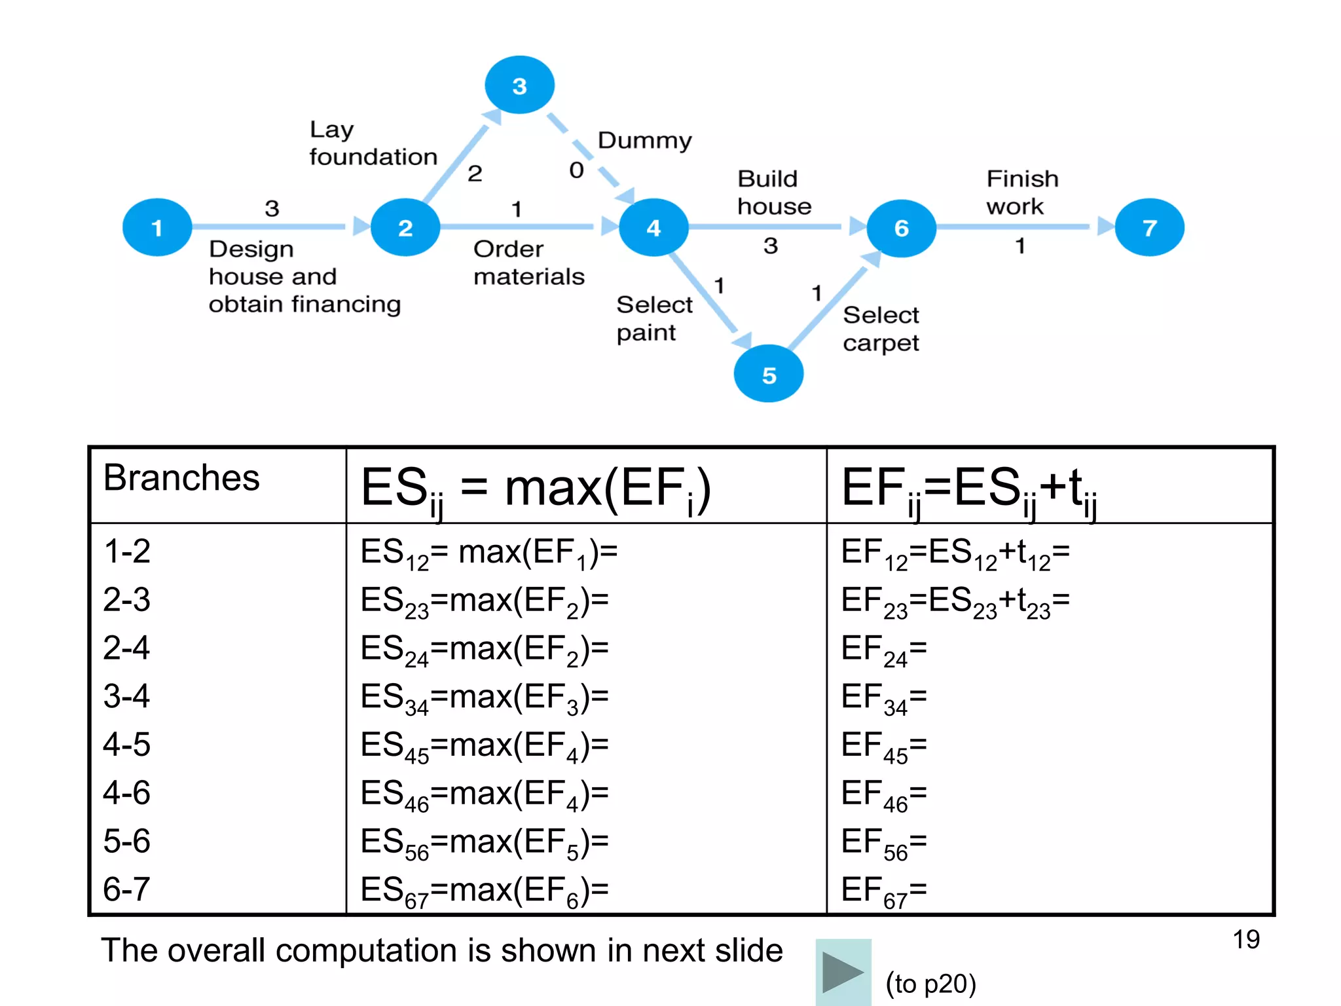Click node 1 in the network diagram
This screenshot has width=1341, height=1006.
(x=157, y=227)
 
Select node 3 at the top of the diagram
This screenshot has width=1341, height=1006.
(x=519, y=85)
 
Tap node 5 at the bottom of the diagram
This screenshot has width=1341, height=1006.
(x=769, y=374)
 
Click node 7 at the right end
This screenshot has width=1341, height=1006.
(x=1149, y=227)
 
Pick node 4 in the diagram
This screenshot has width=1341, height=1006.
(x=653, y=227)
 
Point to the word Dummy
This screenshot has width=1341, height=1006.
(x=644, y=140)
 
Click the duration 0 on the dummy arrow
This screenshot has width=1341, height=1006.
(x=576, y=170)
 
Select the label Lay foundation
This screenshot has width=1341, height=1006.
(x=372, y=143)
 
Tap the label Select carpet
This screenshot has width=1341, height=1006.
(x=881, y=329)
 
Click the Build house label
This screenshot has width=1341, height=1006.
(x=774, y=193)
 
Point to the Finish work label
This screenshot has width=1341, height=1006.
(x=1021, y=193)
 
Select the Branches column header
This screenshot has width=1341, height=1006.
(x=181, y=477)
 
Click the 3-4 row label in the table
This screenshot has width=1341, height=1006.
(x=126, y=696)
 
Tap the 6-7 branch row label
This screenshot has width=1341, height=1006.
(x=126, y=889)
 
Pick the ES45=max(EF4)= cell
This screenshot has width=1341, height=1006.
(x=485, y=746)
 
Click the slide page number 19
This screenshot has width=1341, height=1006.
(x=1246, y=939)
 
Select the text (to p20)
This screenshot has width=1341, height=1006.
(x=930, y=984)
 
